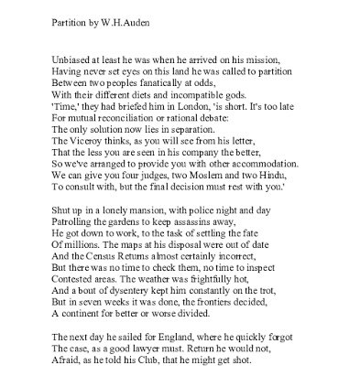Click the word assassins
pyautogui.click(x=190, y=223)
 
